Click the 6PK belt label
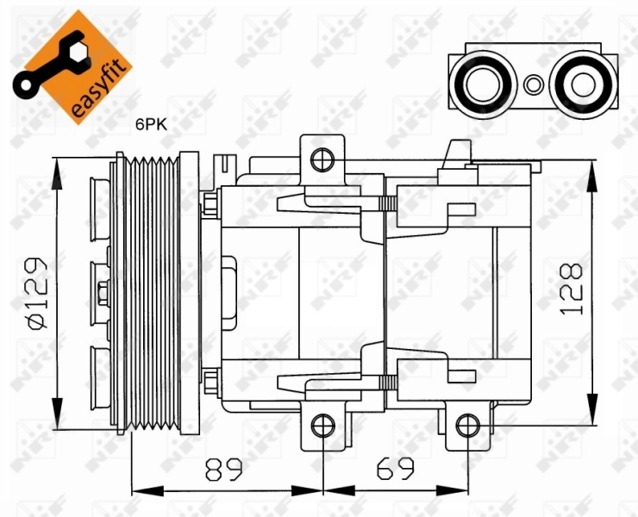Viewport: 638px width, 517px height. [x=150, y=124]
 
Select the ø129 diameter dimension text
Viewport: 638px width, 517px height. [x=35, y=293]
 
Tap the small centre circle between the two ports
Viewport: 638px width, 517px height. [x=535, y=84]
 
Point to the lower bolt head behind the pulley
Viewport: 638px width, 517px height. [x=210, y=377]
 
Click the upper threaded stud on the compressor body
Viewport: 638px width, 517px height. [x=387, y=204]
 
